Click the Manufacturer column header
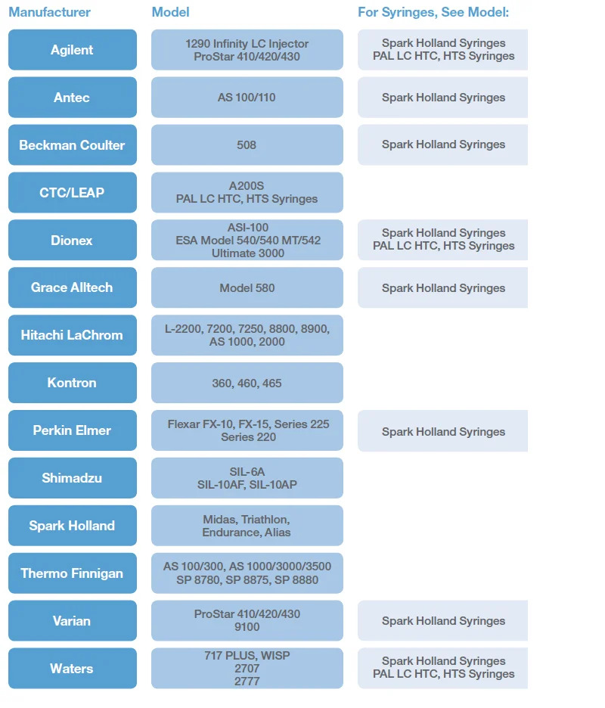coord(50,12)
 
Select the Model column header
coord(170,12)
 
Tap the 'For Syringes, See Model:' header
coord(433,12)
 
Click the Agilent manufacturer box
coord(73,50)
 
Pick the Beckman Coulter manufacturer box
coord(73,145)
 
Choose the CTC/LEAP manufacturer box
coord(73,192)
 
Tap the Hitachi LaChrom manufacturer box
coord(73,335)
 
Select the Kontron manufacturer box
coord(73,383)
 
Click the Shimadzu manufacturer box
coord(73,478)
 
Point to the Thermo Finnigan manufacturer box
coord(73,573)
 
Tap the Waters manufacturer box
coord(73,668)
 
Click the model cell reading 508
coord(247,145)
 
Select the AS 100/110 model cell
coord(247,97)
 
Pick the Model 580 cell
coord(247,287)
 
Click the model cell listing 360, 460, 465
coord(247,383)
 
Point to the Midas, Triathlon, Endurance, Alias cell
coord(247,526)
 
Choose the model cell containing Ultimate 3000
coord(247,240)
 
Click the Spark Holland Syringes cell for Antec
coord(443,97)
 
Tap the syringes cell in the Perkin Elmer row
coord(443,430)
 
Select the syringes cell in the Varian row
coord(443,620)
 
